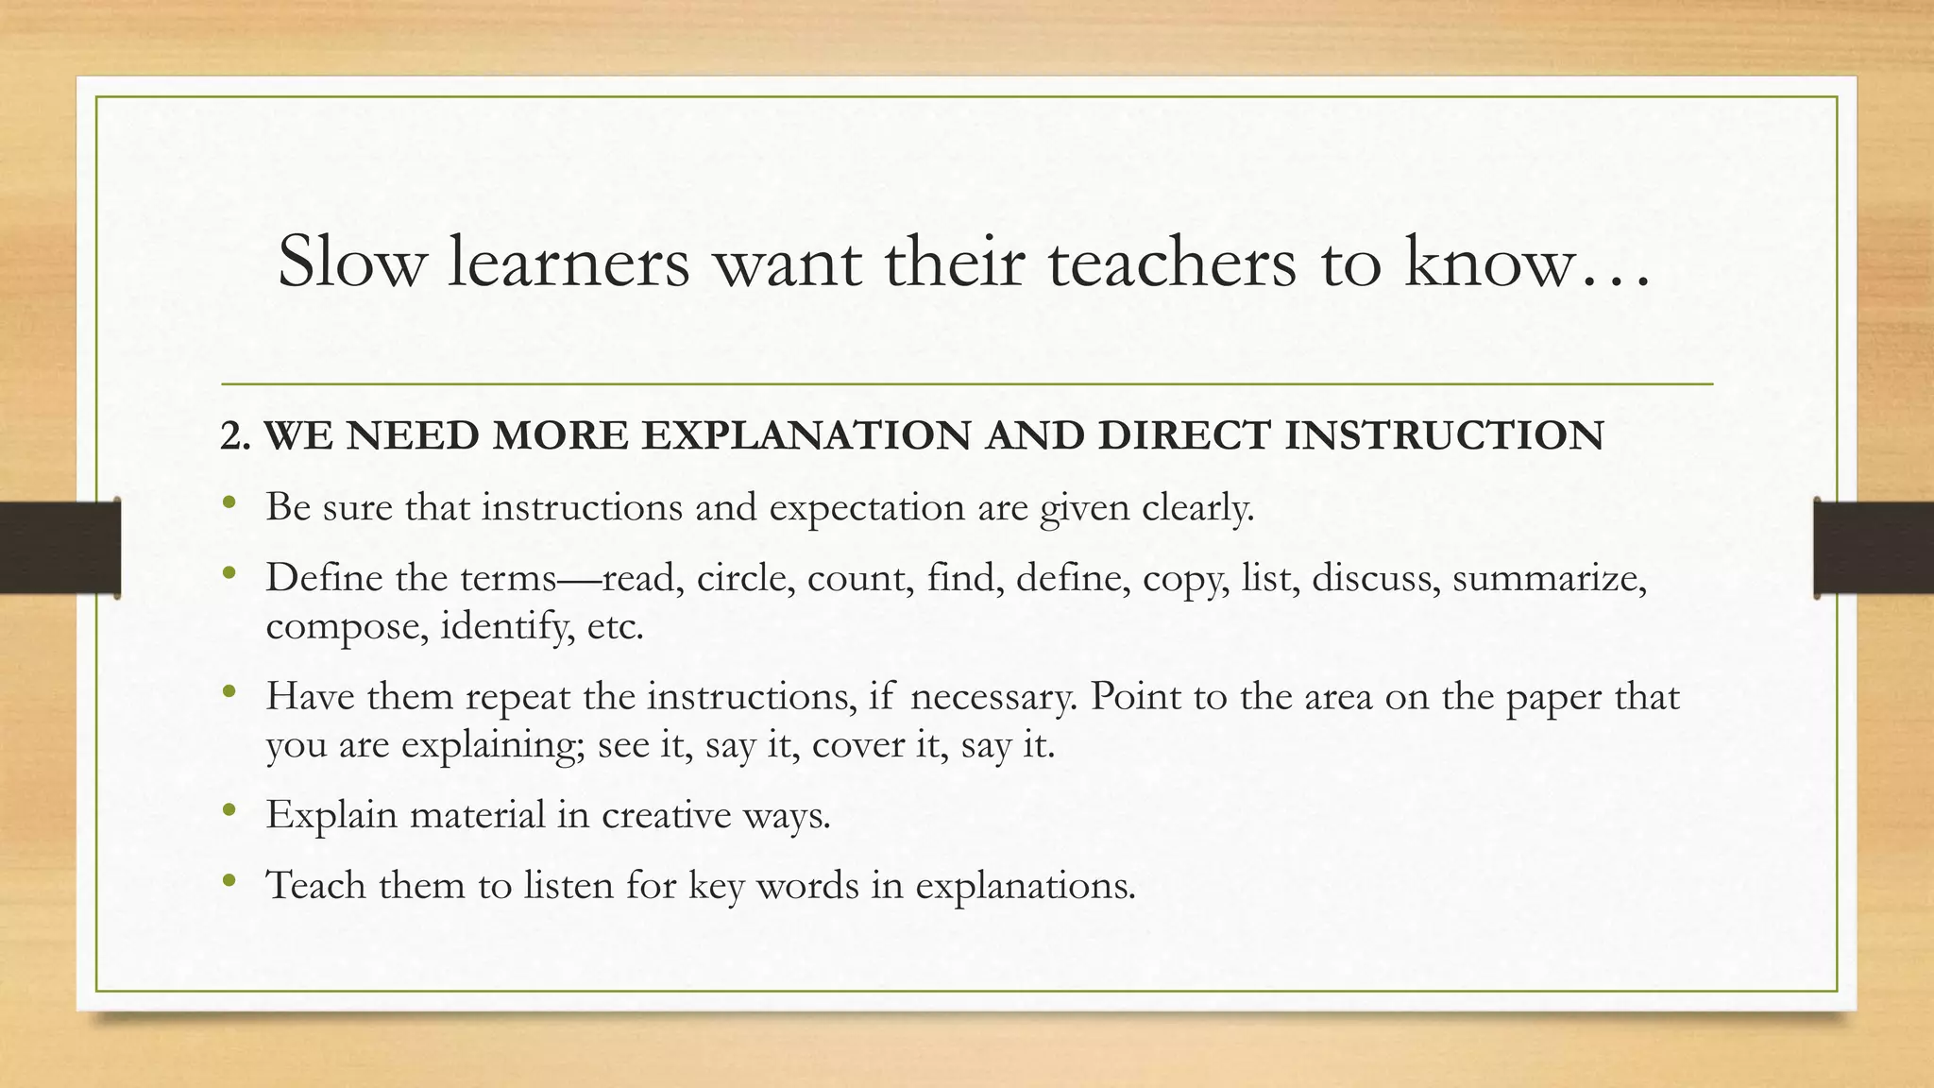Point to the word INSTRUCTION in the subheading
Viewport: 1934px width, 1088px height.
(x=1444, y=435)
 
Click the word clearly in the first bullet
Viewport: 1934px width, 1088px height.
(x=1197, y=507)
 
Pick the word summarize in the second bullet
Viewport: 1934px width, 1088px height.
(x=1549, y=577)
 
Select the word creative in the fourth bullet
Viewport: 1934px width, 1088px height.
(x=666, y=814)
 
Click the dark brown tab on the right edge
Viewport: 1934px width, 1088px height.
(x=1874, y=548)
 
